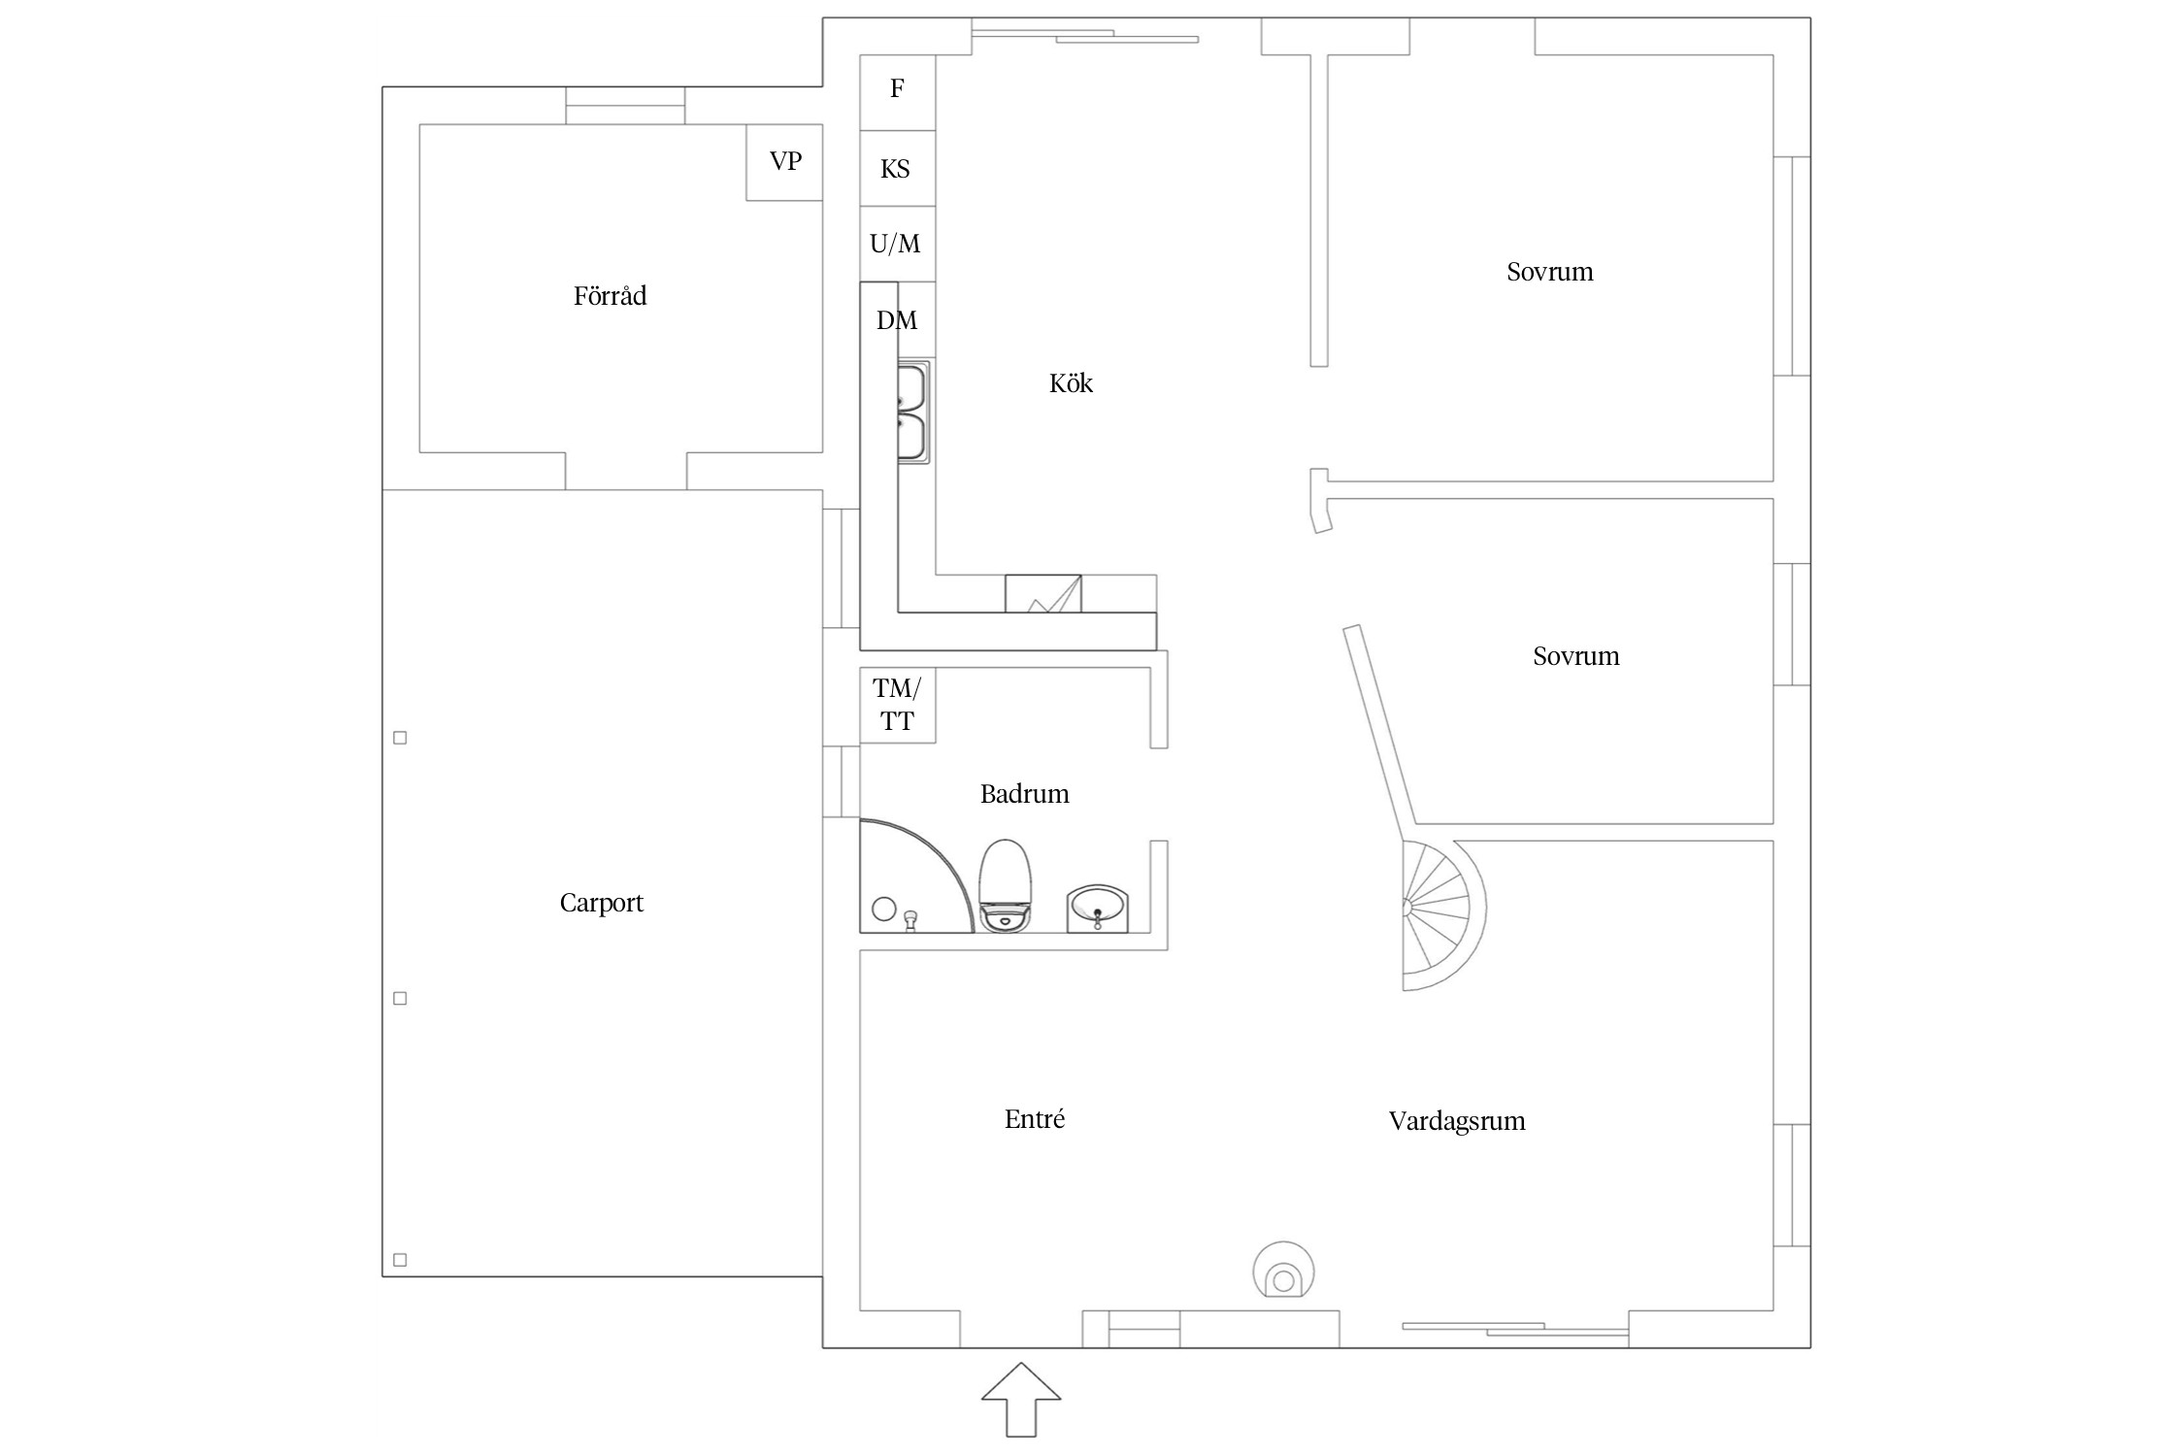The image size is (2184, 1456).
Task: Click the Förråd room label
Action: point(610,295)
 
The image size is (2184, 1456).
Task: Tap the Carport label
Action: point(601,903)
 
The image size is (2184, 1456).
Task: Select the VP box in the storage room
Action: point(784,162)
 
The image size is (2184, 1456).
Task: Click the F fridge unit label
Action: point(897,88)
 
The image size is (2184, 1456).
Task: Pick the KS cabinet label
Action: point(895,169)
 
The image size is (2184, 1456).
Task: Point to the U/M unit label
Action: point(895,244)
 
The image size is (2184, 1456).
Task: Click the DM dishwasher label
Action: point(896,320)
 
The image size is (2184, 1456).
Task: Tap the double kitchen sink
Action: point(913,412)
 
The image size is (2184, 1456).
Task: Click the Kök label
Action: point(1071,383)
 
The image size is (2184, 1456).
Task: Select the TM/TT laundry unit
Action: point(898,706)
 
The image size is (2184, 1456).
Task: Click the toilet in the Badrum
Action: point(1005,885)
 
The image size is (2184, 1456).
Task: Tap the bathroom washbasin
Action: point(1098,909)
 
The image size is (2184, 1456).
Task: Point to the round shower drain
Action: point(884,910)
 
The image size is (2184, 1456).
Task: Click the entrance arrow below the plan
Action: point(1020,1400)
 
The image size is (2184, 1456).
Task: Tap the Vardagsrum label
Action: point(1457,1121)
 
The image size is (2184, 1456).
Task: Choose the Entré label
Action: point(1035,1119)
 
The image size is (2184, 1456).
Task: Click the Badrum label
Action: point(1024,794)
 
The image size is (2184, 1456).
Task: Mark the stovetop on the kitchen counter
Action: point(1043,593)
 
